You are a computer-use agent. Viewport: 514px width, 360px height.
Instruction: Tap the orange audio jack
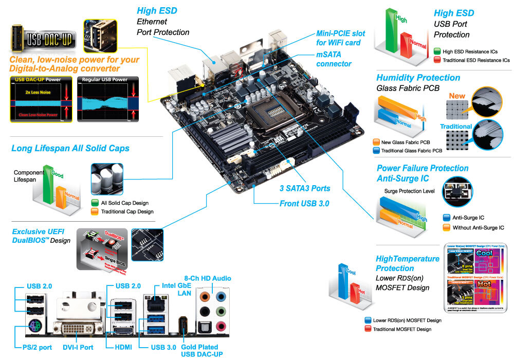coord(206,297)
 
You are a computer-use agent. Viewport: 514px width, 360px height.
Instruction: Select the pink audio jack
coord(222,326)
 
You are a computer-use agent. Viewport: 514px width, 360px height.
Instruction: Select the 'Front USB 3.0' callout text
coord(304,204)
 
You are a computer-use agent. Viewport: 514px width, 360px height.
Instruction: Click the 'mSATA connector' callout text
coord(334,59)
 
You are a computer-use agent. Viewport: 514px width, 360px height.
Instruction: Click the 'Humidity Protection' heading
coord(418,78)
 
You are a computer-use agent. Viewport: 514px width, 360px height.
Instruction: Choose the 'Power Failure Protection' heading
coord(423,168)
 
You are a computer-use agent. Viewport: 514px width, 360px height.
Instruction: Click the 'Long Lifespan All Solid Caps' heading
coord(70,149)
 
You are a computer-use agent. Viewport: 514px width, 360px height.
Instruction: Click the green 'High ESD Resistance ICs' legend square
coord(437,51)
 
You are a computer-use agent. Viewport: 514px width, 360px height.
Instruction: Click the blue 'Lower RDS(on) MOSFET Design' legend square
coord(367,320)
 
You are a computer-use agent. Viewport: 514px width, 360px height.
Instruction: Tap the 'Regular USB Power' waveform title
coord(105,80)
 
